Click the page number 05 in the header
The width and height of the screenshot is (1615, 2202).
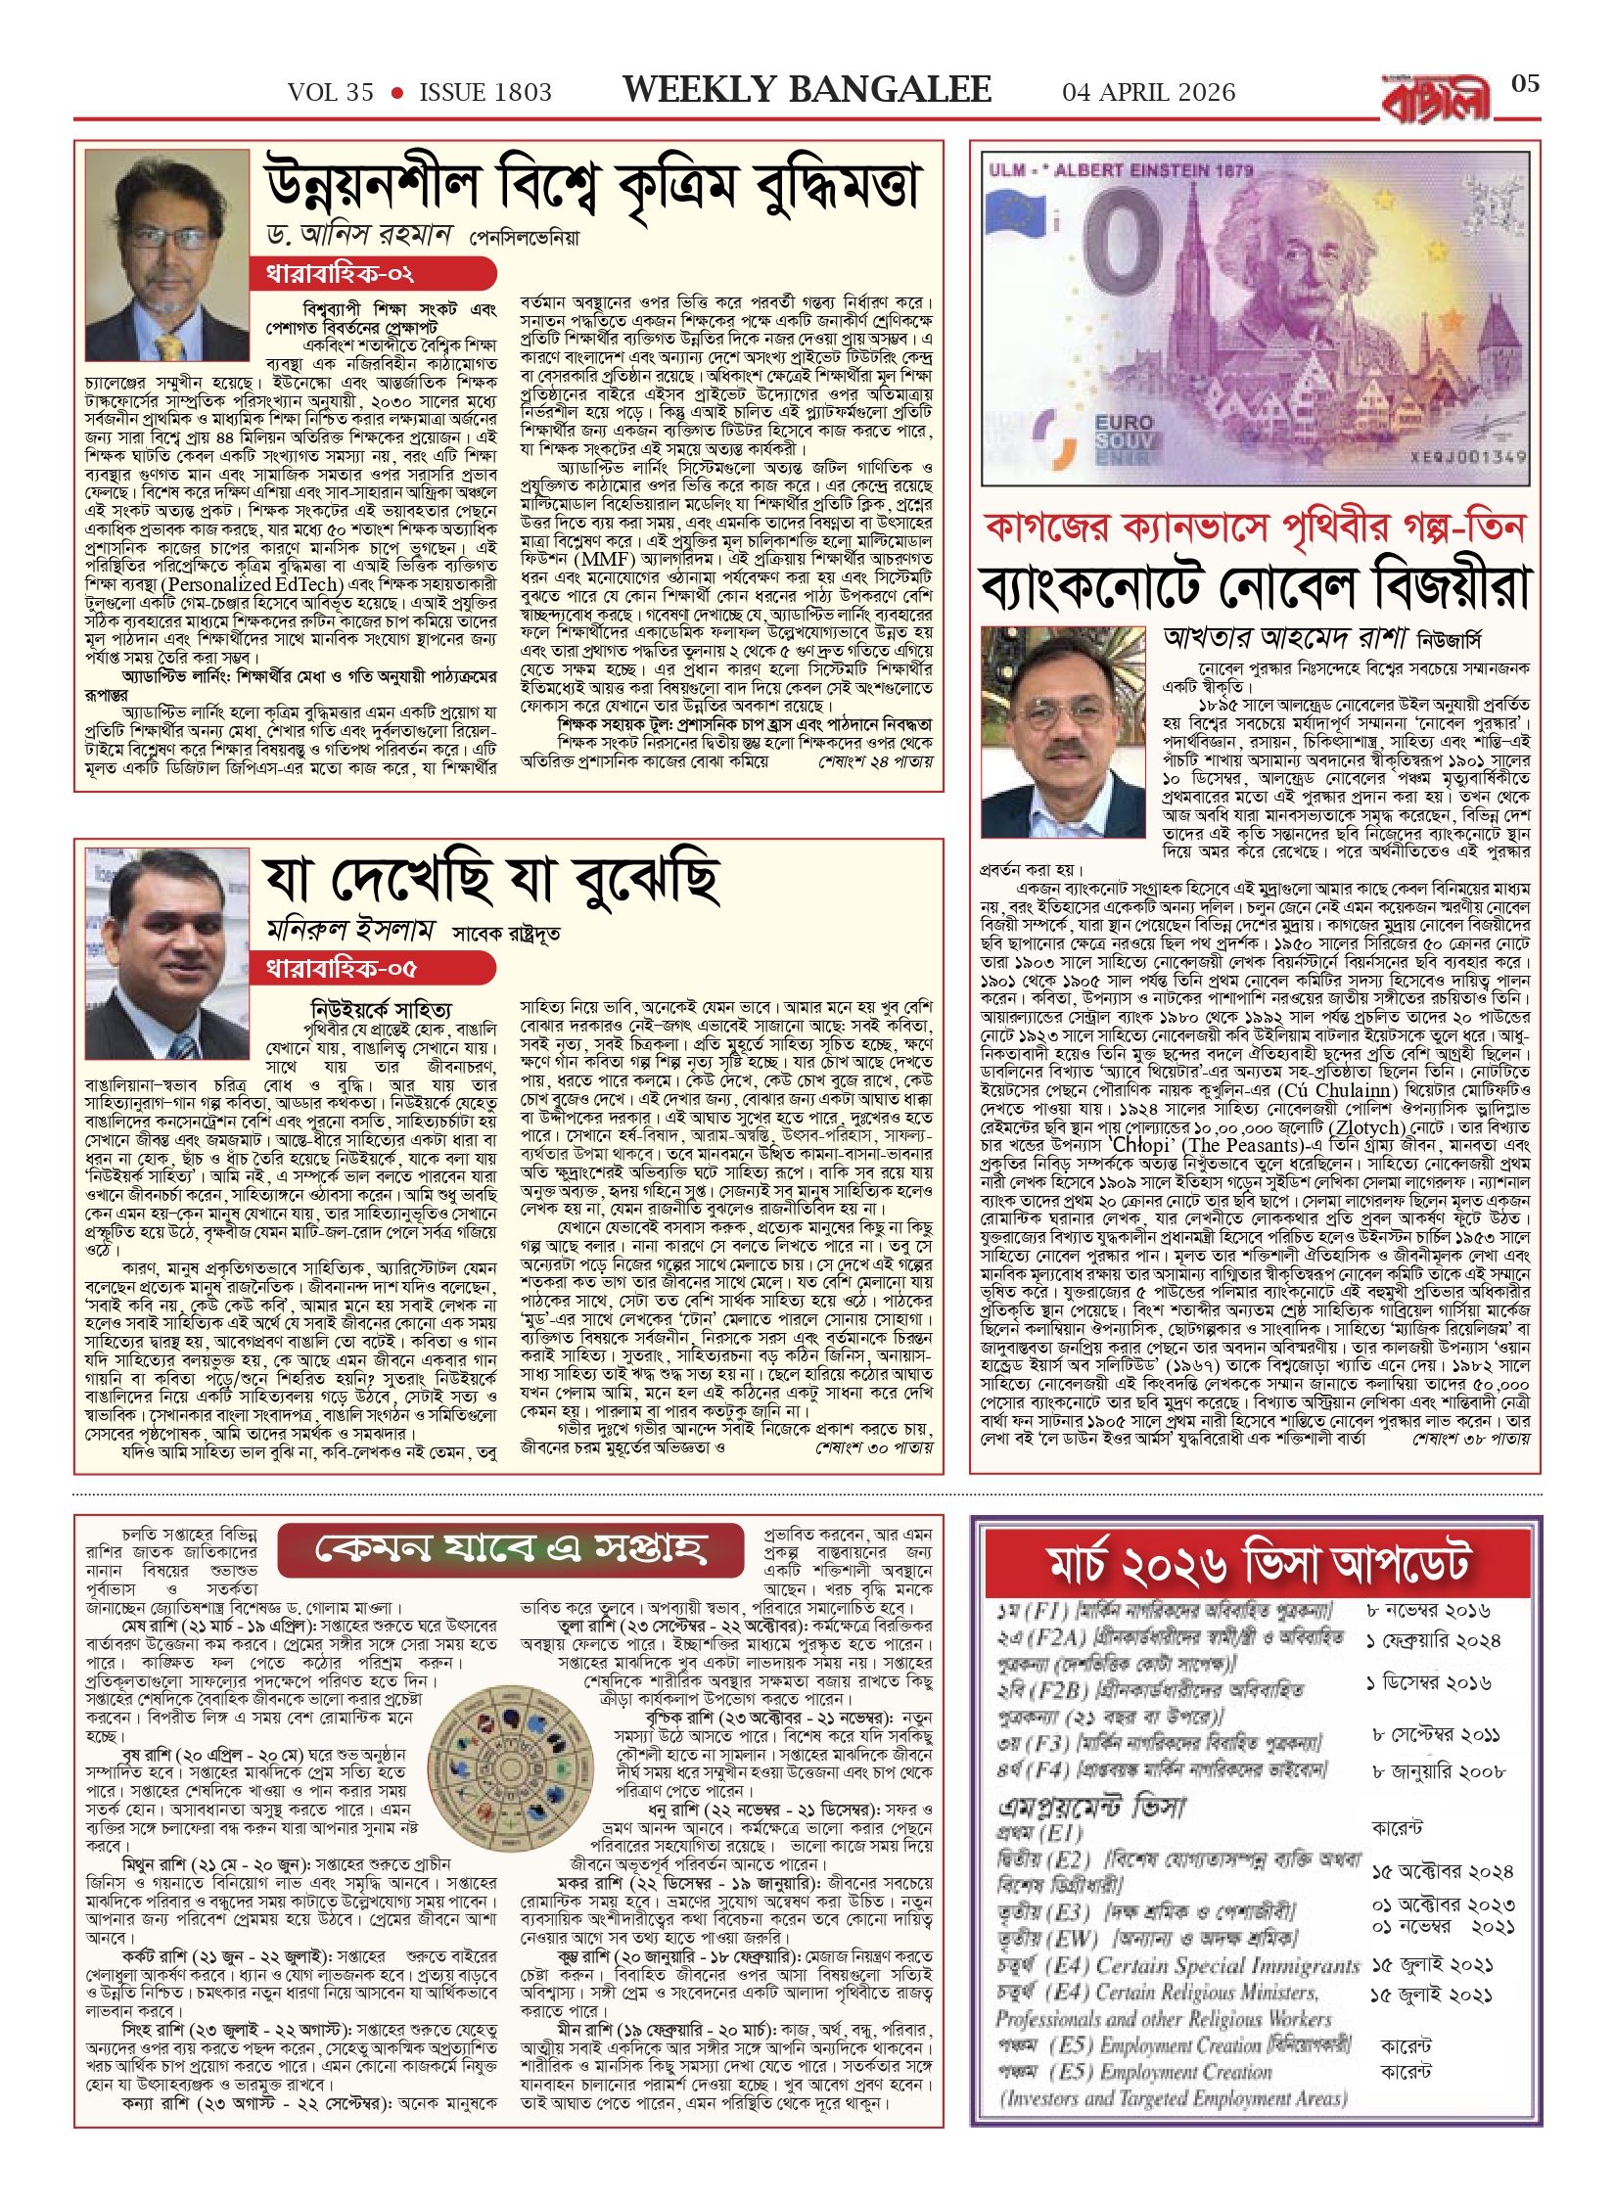click(x=1525, y=84)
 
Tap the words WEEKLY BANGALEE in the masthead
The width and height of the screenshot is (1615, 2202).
click(x=807, y=90)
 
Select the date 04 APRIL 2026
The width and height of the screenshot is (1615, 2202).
click(x=1148, y=93)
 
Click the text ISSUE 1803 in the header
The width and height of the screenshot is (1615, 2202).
click(x=485, y=93)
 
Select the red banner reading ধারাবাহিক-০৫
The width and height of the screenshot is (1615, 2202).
click(x=377, y=969)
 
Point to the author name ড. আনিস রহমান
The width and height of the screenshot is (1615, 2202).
click(x=359, y=235)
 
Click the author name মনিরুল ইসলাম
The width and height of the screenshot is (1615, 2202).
click(x=349, y=930)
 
